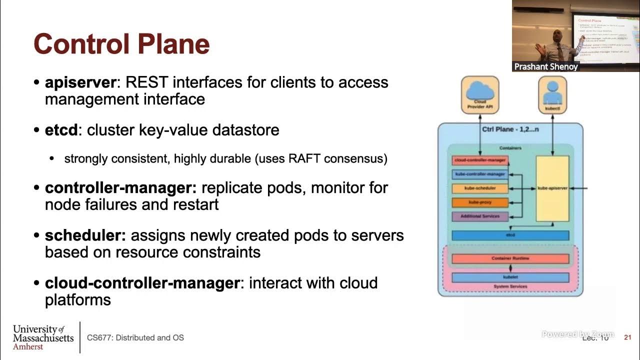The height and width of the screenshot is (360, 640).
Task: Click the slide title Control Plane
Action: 121,43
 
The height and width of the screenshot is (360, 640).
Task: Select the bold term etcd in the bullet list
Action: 61,130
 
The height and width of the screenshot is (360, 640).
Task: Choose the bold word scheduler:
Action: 85,235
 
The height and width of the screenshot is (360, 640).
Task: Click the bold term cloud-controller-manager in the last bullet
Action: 142,283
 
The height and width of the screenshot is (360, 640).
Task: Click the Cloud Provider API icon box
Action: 479,94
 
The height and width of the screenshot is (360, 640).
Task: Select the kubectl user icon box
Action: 552,94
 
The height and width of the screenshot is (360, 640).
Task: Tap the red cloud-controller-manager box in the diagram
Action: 480,160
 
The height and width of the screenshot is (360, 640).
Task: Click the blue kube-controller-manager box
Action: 480,174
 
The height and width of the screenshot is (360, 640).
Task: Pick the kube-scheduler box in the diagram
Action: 480,188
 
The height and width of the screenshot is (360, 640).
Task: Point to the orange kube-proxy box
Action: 480,202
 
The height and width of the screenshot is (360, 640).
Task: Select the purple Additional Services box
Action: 480,216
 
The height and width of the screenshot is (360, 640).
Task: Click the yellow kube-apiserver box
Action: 552,188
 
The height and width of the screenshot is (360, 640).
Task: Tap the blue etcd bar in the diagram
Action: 510,235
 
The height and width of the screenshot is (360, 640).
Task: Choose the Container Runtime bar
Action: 510,258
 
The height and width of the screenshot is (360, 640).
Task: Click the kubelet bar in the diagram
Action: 510,277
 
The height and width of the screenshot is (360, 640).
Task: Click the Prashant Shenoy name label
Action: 545,66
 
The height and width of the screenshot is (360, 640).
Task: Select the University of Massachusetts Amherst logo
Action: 43,337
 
